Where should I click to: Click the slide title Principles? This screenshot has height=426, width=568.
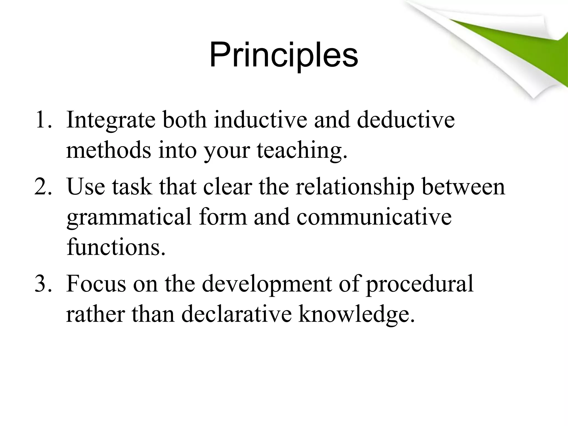[284, 55]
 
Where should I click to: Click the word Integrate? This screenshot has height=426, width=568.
[111, 120]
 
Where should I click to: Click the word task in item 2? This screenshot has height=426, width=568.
[132, 187]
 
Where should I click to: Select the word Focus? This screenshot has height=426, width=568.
[96, 284]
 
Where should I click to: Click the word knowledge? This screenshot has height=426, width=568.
[356, 315]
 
